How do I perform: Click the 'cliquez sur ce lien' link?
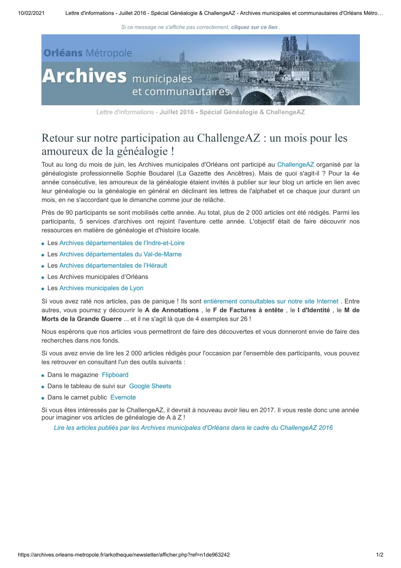254,27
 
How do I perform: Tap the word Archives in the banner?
84,76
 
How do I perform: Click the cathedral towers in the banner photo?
290,47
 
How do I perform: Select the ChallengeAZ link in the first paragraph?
295,165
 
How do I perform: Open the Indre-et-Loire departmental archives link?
122,243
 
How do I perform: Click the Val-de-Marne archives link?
120,254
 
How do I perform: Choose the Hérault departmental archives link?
113,266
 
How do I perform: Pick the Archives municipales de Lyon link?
101,288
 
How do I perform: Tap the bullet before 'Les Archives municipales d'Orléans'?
43,278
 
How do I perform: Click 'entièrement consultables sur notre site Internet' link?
271,301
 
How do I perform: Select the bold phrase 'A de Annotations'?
172,310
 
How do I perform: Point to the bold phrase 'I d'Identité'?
314,310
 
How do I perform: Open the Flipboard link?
115,375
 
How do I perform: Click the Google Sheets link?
150,386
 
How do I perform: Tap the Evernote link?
123,398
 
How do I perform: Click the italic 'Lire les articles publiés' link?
193,428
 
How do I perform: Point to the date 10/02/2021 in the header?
31,13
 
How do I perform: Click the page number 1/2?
380,555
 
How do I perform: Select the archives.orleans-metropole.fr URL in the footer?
124,555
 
